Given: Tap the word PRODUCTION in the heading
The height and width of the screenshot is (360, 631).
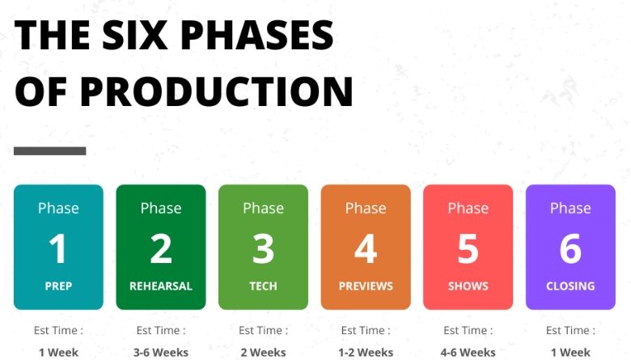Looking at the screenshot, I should coord(216,91).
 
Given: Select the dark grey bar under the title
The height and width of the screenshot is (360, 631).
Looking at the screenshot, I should coord(50,150).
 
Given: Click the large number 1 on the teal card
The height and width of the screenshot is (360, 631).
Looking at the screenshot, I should coord(58,248).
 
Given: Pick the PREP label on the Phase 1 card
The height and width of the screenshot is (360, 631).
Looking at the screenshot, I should coord(58,286).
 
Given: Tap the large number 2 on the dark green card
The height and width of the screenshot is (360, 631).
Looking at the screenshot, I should coord(161,248).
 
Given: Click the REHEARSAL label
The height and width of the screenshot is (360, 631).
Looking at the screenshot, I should coord(161,286).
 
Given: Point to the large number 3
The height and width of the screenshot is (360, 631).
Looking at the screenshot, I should coord(263,248).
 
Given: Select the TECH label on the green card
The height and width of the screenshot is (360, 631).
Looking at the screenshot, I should coord(263,286).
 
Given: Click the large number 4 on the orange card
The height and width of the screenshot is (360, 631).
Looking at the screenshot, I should coord(366,248).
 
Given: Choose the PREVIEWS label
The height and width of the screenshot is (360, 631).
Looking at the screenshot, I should coord(366,286).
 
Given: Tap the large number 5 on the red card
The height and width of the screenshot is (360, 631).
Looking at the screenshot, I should coord(468,248).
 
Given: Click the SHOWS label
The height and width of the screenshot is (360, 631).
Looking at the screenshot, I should coord(468,286).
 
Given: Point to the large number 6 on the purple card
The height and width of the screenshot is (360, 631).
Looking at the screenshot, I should coord(570,248).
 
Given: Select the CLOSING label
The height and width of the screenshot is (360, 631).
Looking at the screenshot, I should coord(570,286).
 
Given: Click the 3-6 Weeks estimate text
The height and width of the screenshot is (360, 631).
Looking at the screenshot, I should coord(161,353).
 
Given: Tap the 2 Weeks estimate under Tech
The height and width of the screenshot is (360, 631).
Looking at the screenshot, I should coord(263,353).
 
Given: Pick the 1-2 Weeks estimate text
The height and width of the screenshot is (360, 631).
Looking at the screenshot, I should coord(366,353).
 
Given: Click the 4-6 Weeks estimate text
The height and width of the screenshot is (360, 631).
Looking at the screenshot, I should coord(468,353).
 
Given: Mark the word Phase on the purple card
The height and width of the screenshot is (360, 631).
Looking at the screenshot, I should coord(570,208).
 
